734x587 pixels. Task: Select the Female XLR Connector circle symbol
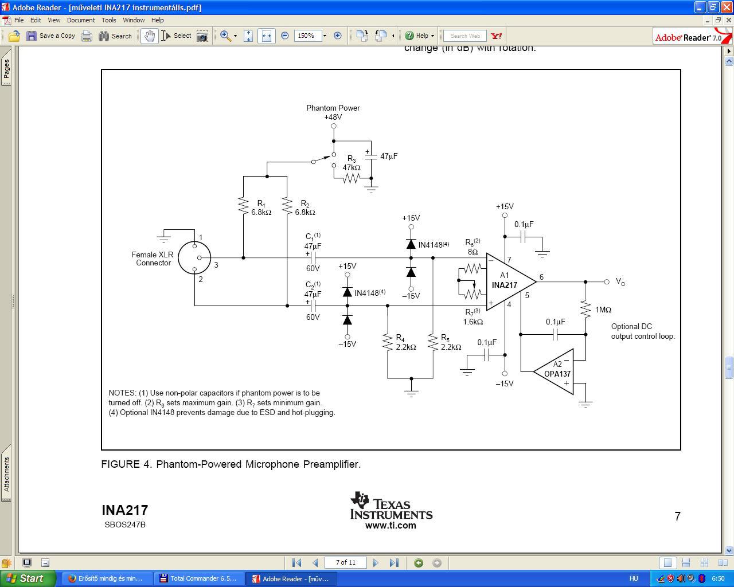tap(194, 257)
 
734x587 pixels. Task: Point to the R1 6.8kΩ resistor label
tap(261, 208)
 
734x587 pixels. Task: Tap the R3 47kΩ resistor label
tap(351, 163)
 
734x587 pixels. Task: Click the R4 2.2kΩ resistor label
tap(405, 342)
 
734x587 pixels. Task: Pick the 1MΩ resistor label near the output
tap(603, 310)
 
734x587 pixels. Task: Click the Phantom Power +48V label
tap(333, 112)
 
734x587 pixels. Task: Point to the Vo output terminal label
tap(620, 281)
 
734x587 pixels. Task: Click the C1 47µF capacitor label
tap(313, 241)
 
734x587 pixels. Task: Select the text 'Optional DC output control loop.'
tap(642, 331)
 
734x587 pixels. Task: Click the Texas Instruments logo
tap(391, 505)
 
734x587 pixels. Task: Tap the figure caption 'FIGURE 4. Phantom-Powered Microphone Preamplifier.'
tap(231, 464)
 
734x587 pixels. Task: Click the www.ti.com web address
tap(391, 525)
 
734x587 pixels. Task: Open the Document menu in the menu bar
tap(81, 20)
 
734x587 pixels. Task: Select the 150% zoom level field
tap(307, 36)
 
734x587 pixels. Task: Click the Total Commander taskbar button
tap(198, 578)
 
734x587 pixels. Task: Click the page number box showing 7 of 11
tap(345, 562)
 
